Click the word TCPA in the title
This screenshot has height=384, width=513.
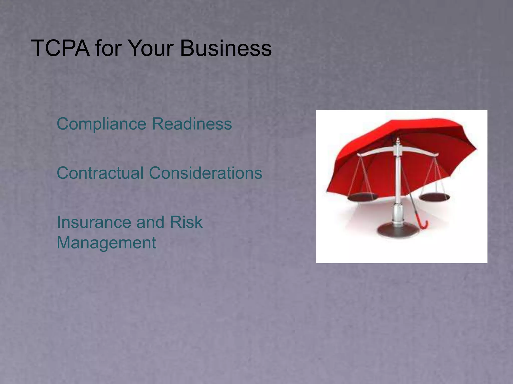pos(60,48)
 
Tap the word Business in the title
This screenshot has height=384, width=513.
pos(226,48)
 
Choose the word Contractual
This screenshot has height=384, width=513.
pos(100,173)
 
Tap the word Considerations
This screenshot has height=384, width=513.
pos(206,173)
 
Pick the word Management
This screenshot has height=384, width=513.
pos(106,242)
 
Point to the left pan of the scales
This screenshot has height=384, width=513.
pos(362,196)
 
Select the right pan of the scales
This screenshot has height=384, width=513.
pos(434,197)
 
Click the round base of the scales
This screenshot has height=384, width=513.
pos(398,230)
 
